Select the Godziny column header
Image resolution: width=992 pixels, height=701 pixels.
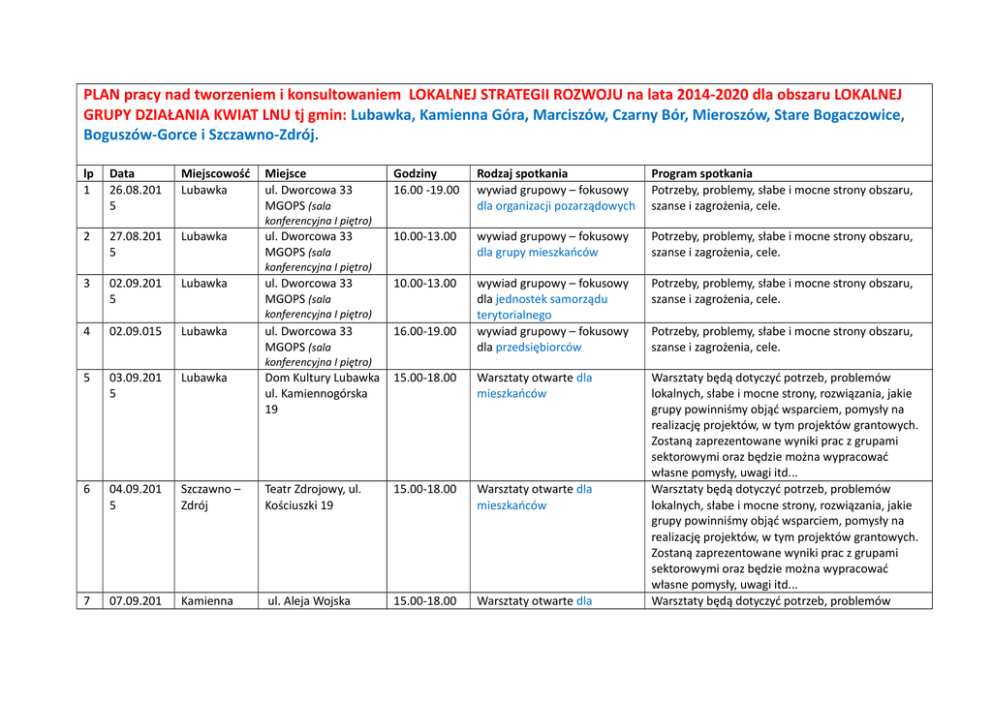tap(414, 173)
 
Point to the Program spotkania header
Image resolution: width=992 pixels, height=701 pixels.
tap(702, 173)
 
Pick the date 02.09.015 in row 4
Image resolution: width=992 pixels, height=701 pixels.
tap(137, 331)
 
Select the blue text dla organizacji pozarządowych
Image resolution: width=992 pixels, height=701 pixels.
tap(557, 206)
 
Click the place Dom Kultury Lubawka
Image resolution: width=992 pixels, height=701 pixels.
tap(322, 378)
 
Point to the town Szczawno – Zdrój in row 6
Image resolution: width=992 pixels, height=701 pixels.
tap(209, 498)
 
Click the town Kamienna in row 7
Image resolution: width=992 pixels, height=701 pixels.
tap(207, 601)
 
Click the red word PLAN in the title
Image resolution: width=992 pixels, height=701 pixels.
tap(102, 96)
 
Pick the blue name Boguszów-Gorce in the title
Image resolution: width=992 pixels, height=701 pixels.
tap(147, 134)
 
